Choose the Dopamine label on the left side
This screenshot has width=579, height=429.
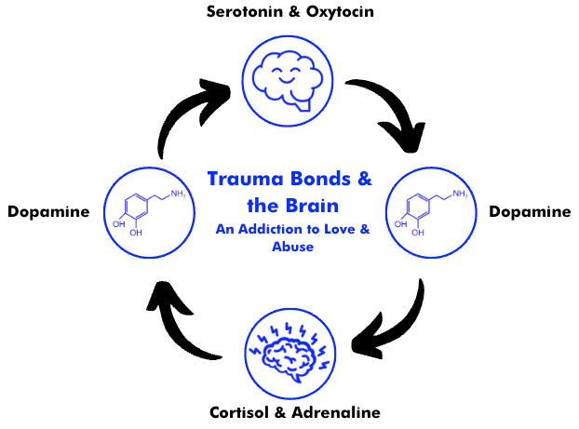click(x=48, y=211)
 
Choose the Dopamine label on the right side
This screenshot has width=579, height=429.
click(x=530, y=211)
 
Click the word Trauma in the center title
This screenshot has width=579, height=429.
click(x=240, y=177)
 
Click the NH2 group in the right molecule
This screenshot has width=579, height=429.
click(x=463, y=193)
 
